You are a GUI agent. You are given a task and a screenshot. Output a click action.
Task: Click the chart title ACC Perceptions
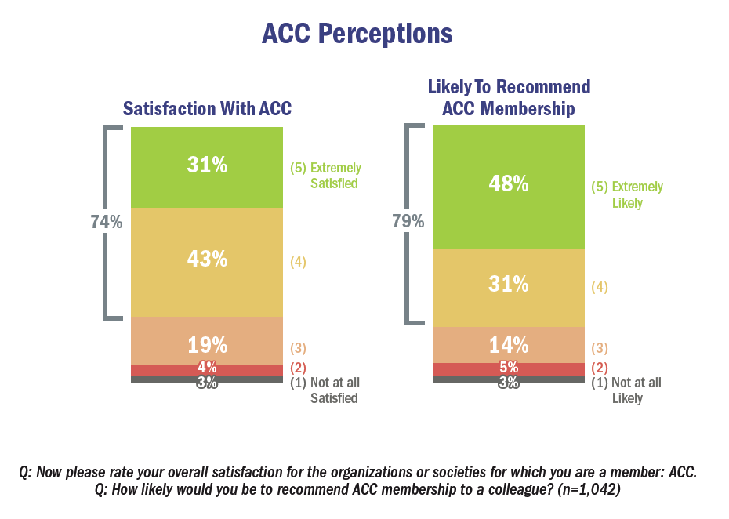coord(357,35)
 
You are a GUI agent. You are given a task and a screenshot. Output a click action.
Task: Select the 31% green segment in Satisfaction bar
coord(207,165)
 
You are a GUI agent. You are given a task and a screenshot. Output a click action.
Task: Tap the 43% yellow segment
coord(207,259)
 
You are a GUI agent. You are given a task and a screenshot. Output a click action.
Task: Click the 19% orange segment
coord(207,344)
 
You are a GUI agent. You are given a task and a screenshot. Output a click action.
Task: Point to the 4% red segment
coord(207,368)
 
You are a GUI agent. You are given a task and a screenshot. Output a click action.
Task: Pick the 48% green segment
coord(509,185)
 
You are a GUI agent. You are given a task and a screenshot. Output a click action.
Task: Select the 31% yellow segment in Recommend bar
coord(509,285)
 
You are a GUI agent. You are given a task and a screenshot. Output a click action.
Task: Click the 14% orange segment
coord(509,345)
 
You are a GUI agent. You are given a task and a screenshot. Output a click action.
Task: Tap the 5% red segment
coord(509,368)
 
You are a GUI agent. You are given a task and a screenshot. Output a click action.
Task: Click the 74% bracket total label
coord(106,223)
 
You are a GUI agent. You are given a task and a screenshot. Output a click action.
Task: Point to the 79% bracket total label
coord(408,222)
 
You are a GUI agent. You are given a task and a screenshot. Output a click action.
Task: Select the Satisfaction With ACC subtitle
coord(207,109)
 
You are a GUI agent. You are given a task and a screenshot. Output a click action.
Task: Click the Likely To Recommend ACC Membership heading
coord(509,98)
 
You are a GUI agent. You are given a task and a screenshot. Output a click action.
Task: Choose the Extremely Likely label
coord(627,194)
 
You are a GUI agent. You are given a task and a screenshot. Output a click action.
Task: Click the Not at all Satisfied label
coord(325,390)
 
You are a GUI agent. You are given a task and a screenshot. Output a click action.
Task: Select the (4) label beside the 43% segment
coord(298,262)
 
